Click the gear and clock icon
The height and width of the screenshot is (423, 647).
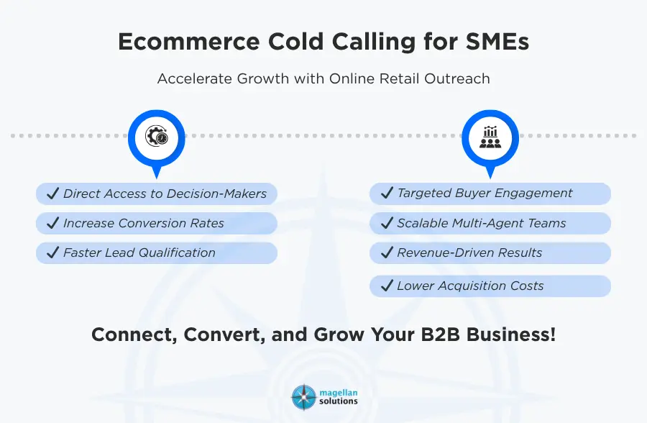coord(156,136)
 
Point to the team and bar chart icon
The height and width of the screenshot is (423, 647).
coord(490,136)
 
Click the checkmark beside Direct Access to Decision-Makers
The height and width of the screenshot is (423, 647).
coord(52,194)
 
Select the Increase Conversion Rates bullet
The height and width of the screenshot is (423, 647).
coord(143,224)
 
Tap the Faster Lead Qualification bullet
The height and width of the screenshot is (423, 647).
coord(139,253)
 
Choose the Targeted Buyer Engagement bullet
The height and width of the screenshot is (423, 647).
coord(485,194)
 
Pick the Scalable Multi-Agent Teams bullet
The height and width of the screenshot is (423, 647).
coord(481,224)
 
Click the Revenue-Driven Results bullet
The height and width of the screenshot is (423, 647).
coord(469,253)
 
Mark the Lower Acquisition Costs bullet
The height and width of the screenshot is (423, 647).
coord(470,286)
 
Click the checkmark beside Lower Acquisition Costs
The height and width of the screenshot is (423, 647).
coord(386,286)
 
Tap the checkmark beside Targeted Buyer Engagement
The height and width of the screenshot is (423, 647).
coord(386,194)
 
